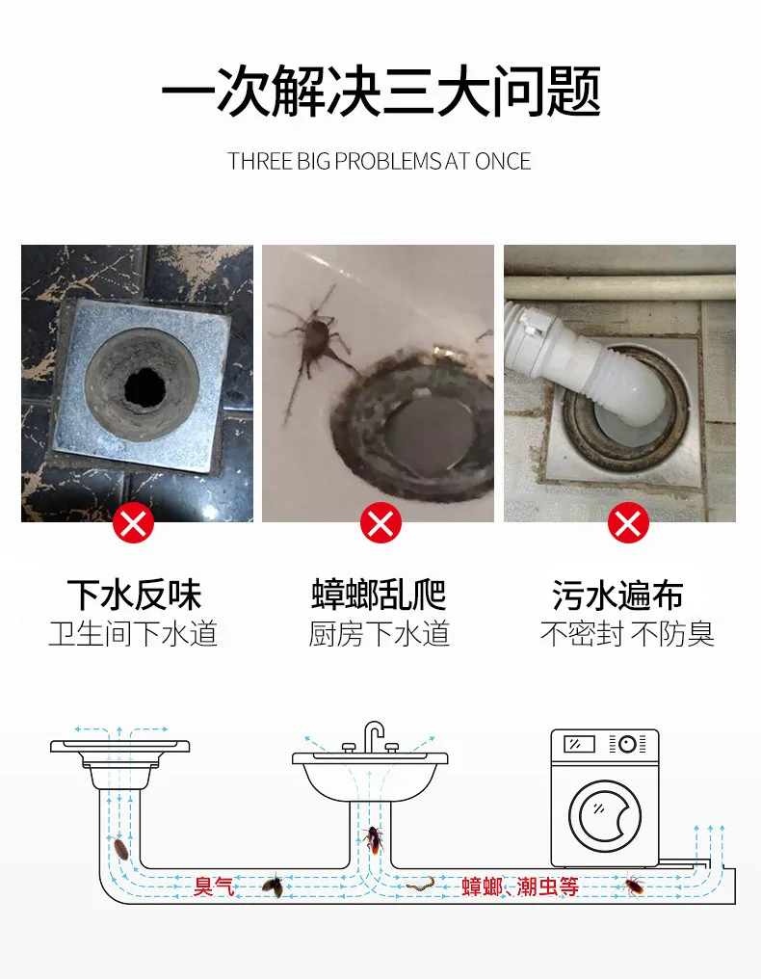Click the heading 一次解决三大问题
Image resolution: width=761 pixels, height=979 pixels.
tap(380, 92)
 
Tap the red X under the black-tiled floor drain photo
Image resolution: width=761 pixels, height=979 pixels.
tap(133, 523)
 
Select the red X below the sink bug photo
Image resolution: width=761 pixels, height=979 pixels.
tap(380, 523)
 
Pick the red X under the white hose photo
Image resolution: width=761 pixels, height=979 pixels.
tap(628, 523)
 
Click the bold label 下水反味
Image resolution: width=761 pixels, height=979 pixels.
tap(134, 595)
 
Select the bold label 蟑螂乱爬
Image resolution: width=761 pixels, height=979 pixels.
tap(379, 595)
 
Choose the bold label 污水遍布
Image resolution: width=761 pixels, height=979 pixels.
tap(617, 595)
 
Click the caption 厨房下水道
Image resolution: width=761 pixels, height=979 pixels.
tap(379, 634)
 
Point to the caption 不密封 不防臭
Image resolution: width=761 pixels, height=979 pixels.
tap(627, 634)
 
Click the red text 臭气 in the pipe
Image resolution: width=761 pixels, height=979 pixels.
tap(214, 886)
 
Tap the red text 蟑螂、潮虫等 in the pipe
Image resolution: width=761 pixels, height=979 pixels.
tap(520, 886)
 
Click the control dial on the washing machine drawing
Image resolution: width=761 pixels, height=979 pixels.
tap(627, 744)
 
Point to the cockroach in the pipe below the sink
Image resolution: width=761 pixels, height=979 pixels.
tap(374, 840)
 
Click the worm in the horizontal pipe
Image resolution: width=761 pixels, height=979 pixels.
tap(420, 884)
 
